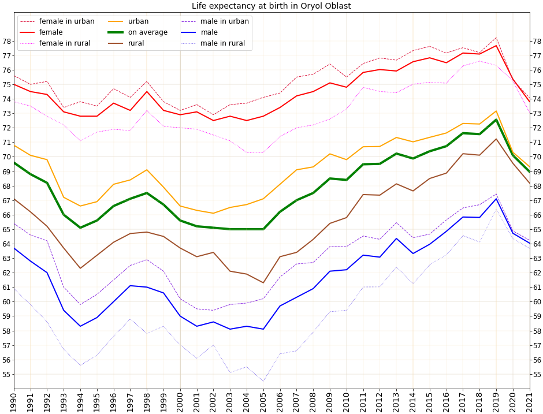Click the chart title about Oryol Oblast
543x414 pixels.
click(x=271, y=6)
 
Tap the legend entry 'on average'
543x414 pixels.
click(x=147, y=32)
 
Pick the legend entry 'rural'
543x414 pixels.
click(x=136, y=43)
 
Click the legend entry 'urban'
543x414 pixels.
click(x=138, y=21)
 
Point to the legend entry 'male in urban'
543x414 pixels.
click(x=225, y=21)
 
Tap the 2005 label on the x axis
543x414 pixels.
click(x=263, y=401)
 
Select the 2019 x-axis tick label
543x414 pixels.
click(x=496, y=401)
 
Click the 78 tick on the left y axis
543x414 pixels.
click(x=6, y=41)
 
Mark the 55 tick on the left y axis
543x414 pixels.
click(x=6, y=374)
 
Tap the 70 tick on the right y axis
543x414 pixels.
click(x=537, y=157)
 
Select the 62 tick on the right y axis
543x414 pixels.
click(x=537, y=273)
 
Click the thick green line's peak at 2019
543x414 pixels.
click(x=496, y=120)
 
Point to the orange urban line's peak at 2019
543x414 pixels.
click(x=496, y=111)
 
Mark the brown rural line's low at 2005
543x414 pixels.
click(x=263, y=283)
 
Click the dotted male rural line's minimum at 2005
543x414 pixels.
click(x=263, y=381)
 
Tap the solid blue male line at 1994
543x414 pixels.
click(x=80, y=326)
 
